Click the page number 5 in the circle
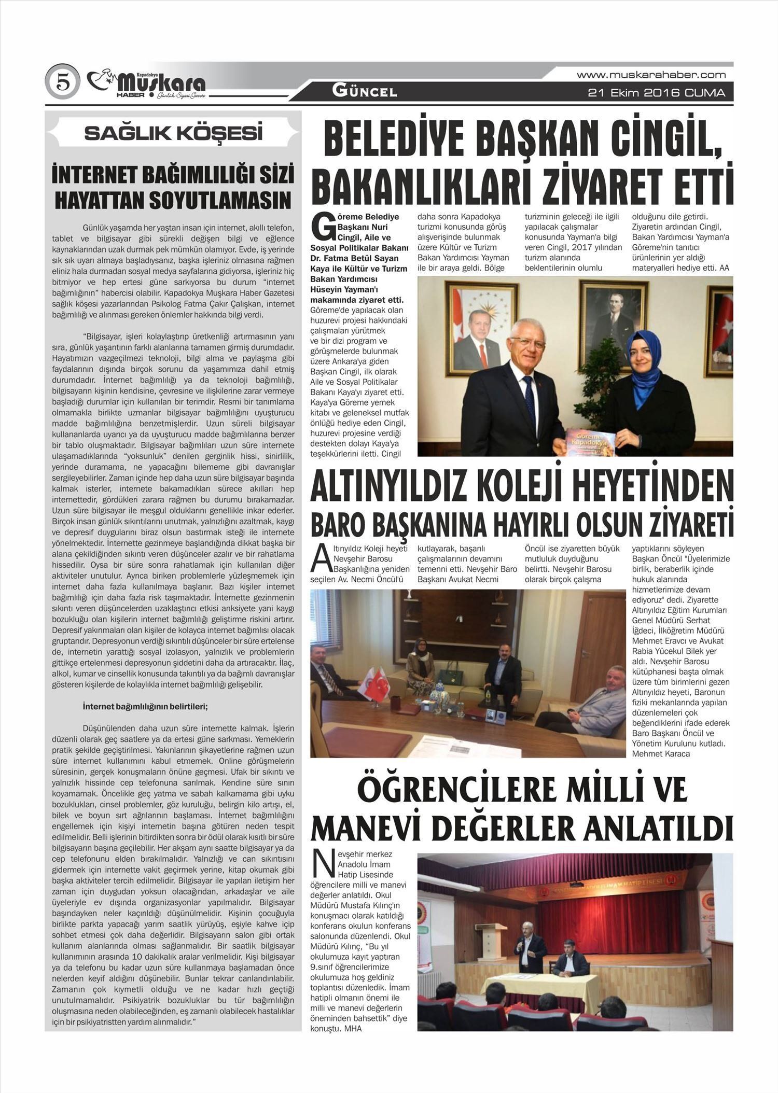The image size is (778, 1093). tap(62, 82)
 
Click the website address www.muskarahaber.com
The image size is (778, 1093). tap(651, 75)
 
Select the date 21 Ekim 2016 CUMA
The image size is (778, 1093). tap(656, 93)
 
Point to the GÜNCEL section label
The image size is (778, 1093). tap(365, 92)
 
